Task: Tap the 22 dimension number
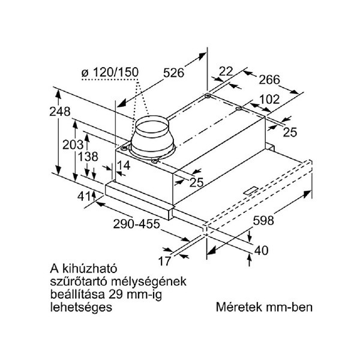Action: [x=226, y=71]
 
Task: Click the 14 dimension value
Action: [x=124, y=164]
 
